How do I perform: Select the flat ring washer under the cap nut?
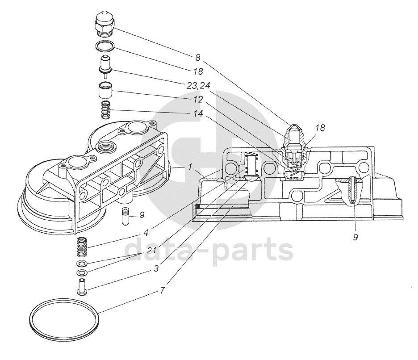coord(105,46)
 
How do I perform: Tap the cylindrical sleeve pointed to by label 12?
coord(105,91)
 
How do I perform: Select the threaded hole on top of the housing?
coord(106,147)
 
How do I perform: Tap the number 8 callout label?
coord(197,57)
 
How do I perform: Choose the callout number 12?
coord(198,99)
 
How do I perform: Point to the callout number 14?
coord(198,113)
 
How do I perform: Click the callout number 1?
coord(189,167)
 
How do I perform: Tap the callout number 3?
coord(156,268)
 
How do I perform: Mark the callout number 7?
coord(163,290)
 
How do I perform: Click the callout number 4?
coord(146,233)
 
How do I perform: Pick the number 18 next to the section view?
coord(320,128)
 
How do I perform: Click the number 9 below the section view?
coord(355,237)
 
